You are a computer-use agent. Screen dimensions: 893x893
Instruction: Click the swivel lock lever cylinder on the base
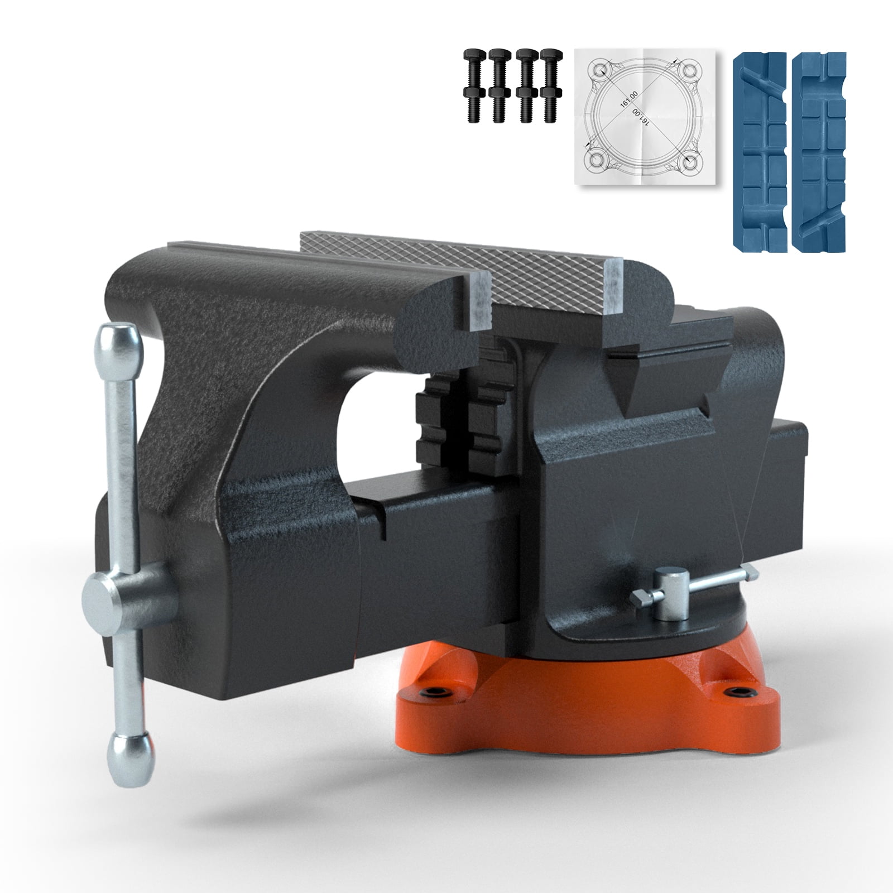point(667,594)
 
